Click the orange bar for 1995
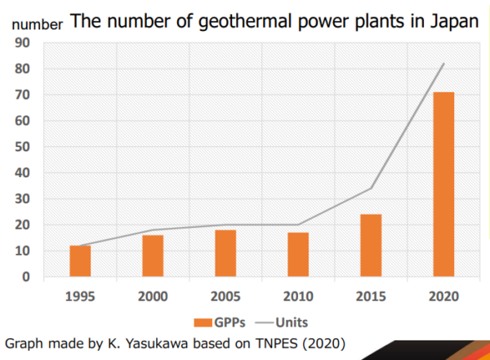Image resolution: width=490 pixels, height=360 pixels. (x=80, y=261)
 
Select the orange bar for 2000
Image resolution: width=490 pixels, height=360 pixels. (x=153, y=256)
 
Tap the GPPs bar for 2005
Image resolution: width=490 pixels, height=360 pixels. (x=225, y=253)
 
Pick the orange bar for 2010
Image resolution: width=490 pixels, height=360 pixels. (x=298, y=255)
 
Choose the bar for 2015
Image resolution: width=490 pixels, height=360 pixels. (x=371, y=246)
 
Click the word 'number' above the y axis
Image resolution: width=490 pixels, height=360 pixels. (x=34, y=24)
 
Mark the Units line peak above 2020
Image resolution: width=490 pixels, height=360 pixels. (x=443, y=64)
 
